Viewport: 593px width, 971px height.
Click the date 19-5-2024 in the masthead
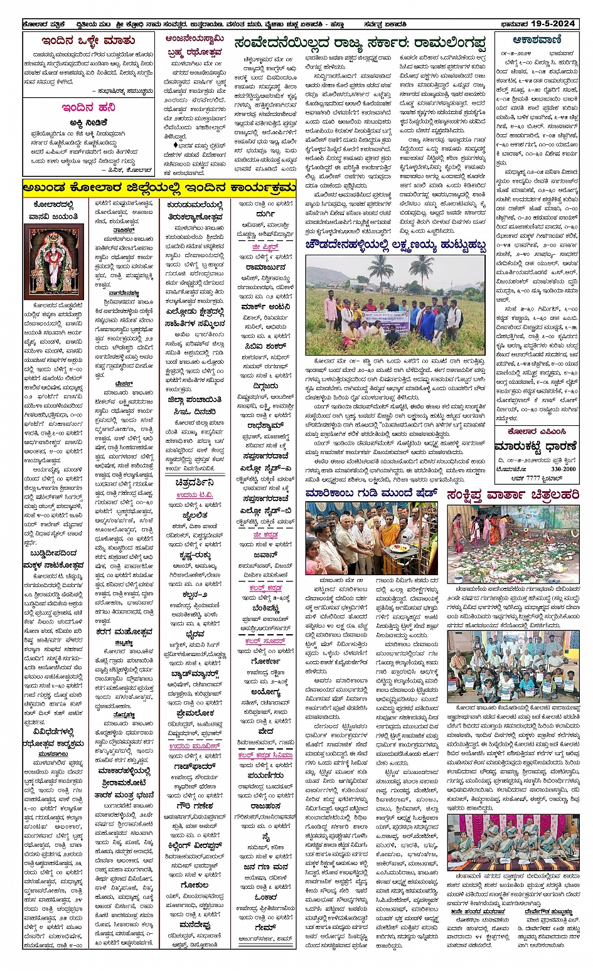pos(552,24)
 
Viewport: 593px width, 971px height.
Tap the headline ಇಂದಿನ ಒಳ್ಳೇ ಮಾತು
pos(88,41)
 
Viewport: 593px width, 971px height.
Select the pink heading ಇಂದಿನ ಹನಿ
pos(88,108)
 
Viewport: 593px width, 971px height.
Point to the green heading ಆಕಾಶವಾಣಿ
pos(537,39)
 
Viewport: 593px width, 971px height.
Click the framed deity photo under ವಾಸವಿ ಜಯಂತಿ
pos(53,262)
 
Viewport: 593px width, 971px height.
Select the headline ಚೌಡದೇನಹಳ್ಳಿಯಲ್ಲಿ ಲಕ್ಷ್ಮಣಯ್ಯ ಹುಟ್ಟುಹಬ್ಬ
pos(396,245)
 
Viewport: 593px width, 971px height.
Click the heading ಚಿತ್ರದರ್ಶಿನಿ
pos(195,482)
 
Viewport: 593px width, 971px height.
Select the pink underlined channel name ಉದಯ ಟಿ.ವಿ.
pos(195,496)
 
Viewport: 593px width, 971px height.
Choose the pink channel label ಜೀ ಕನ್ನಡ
pos(265,535)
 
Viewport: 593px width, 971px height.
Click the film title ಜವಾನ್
pos(265,555)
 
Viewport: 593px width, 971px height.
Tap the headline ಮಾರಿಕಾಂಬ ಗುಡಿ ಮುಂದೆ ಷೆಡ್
pos(371,494)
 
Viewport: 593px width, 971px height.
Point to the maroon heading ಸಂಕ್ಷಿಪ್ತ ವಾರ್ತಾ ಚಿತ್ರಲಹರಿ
pos(513,495)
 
